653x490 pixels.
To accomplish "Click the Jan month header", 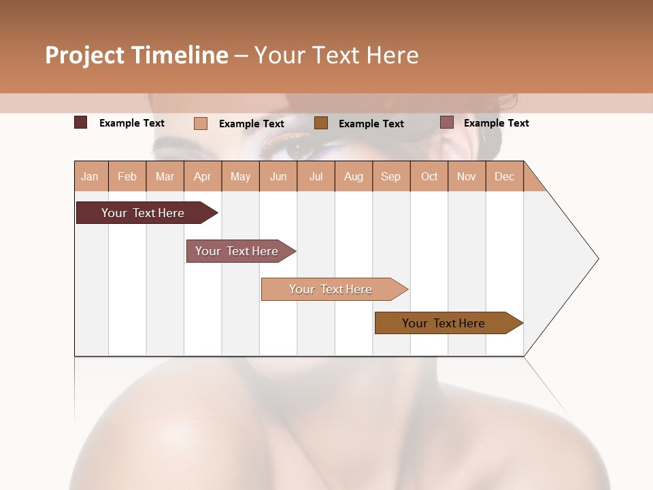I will tap(90, 176).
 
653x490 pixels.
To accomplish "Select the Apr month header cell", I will tap(203, 176).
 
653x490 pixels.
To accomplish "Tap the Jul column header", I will tap(316, 176).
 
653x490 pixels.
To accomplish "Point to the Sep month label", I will tap(390, 176).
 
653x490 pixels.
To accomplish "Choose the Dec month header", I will tap(504, 176).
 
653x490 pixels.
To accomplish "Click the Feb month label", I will tap(127, 176).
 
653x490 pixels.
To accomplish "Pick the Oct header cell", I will tap(429, 176).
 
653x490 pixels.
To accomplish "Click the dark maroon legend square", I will tap(80, 122).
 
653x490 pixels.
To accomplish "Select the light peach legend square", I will tap(200, 123).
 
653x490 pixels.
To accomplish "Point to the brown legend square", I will tap(321, 122).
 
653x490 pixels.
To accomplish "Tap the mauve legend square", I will tap(447, 122).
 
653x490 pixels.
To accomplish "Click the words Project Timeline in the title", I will tap(136, 55).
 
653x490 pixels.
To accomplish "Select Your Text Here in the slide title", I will tap(336, 55).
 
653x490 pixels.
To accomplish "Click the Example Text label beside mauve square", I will tap(496, 122).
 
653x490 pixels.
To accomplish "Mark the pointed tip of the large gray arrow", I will tap(597, 259).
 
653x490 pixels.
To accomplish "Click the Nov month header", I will tap(467, 176).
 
